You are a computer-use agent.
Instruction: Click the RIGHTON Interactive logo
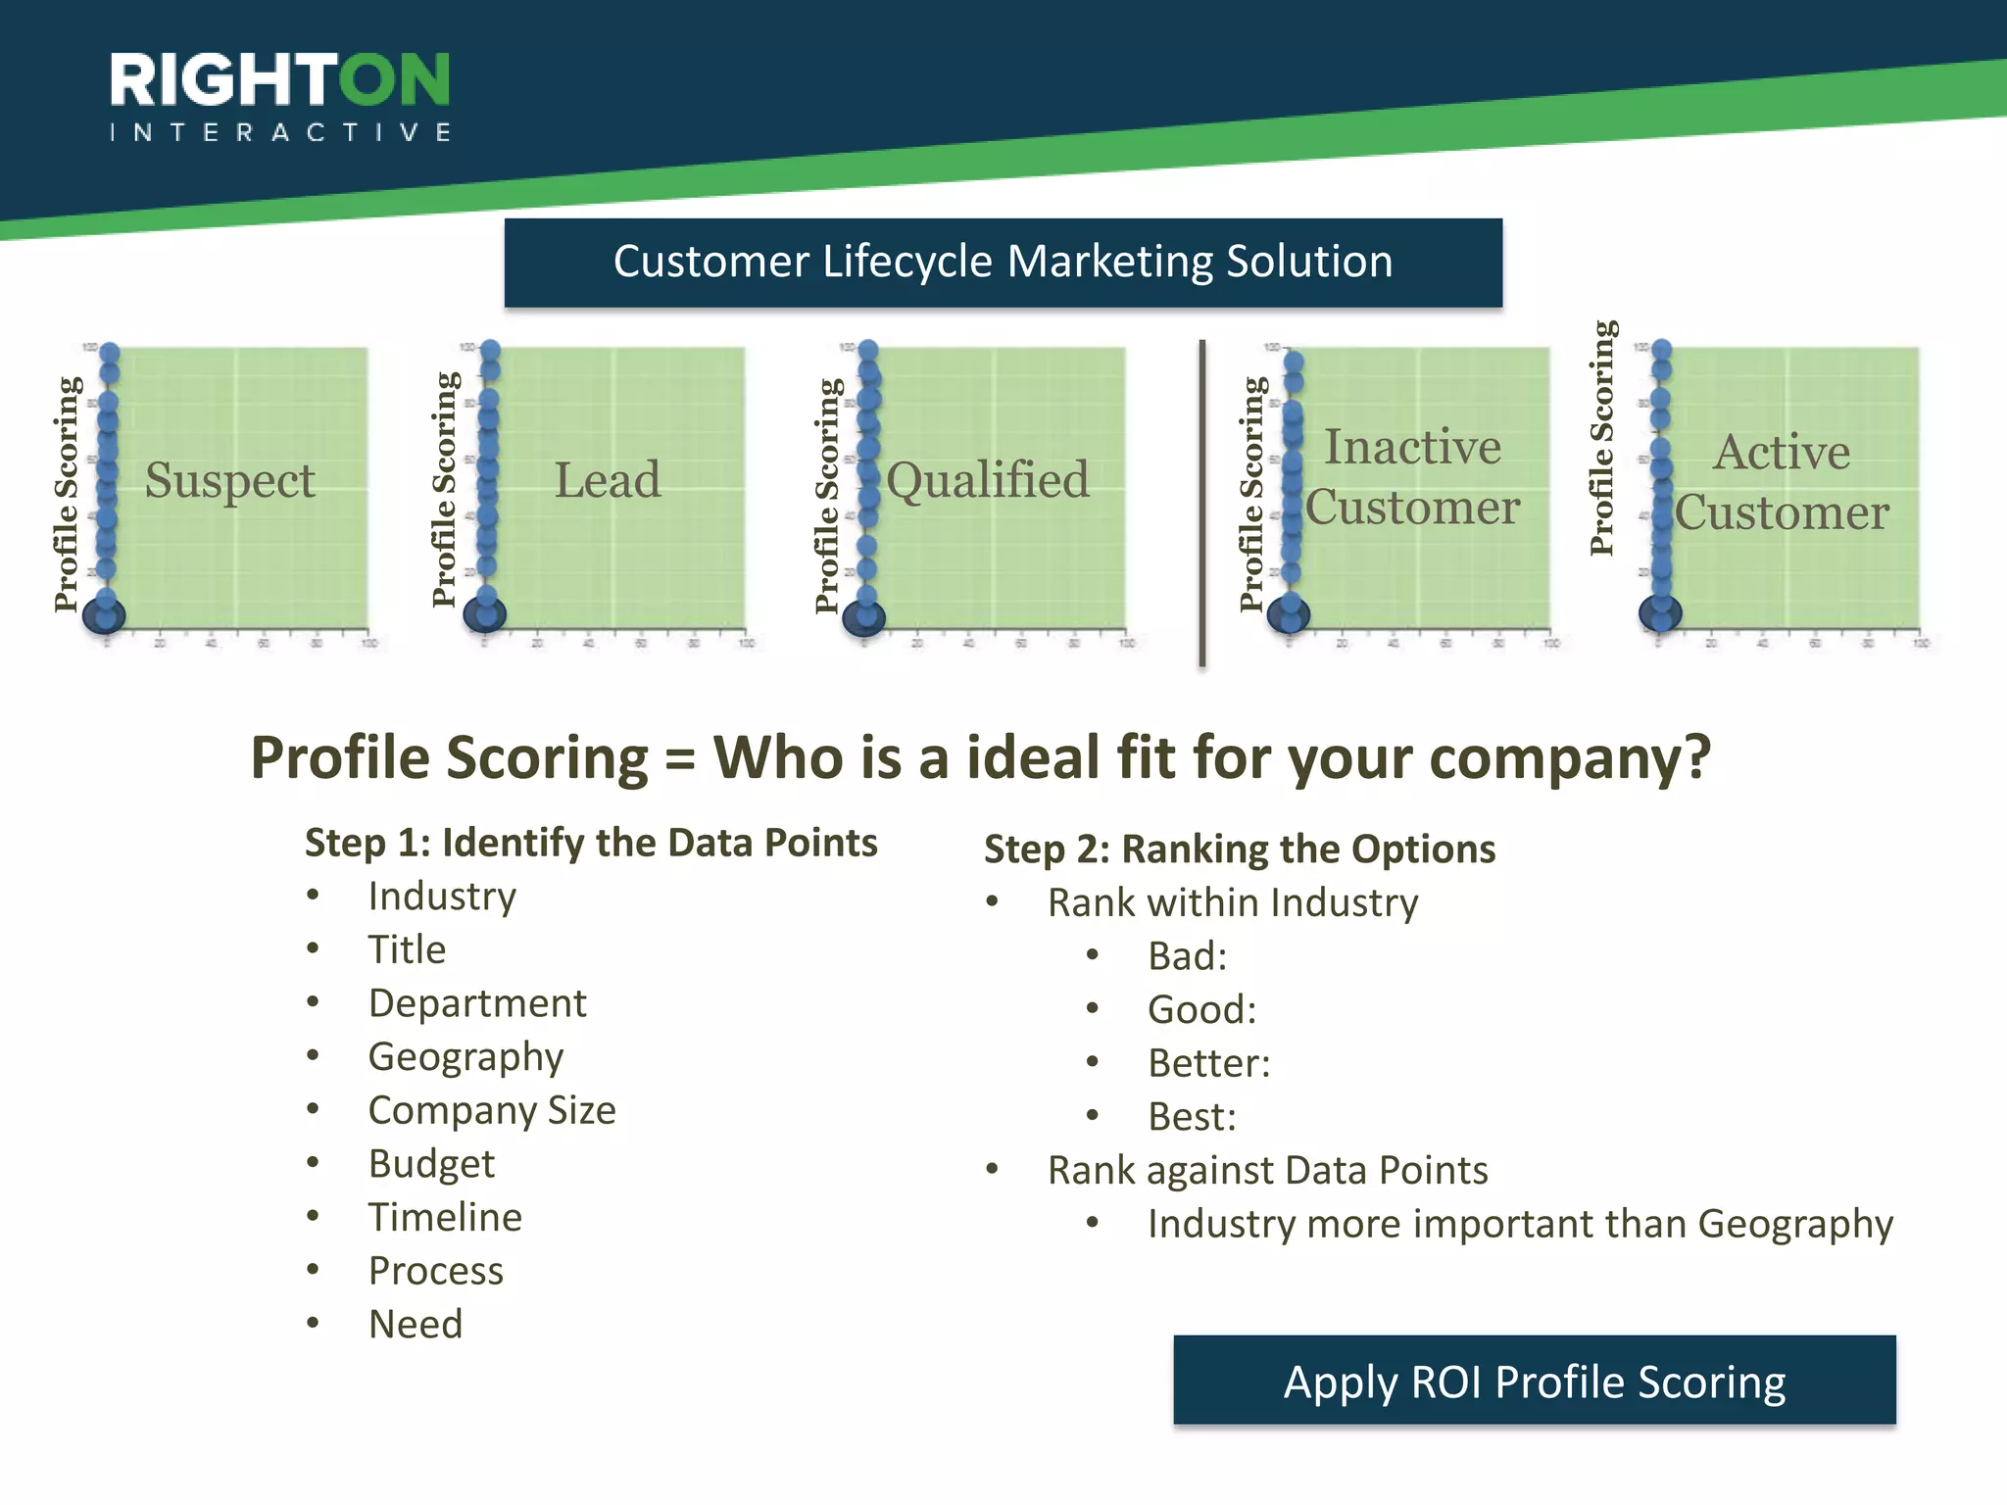coord(280,96)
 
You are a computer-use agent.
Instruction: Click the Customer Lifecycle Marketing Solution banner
coord(1003,263)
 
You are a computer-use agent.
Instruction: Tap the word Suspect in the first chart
coord(230,480)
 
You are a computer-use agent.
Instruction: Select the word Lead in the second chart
coord(608,480)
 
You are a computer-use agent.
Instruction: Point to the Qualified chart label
coord(988,480)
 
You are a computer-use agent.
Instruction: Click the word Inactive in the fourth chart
coord(1412,447)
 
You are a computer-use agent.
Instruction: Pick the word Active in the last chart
coord(1782,452)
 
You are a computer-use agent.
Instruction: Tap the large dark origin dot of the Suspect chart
coord(104,616)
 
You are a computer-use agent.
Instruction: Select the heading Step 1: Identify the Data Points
coord(591,843)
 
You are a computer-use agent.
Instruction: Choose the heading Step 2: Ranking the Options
coord(1240,849)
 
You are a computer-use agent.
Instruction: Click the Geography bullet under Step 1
coord(465,1056)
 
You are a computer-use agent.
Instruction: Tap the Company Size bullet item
coord(492,1110)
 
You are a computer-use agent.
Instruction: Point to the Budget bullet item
coord(431,1164)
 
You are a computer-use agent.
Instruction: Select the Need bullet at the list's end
coord(416,1325)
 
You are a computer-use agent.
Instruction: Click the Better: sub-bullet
coord(1208,1063)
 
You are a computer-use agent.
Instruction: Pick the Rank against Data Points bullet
coord(1267,1170)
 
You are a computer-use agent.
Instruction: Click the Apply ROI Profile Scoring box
coord(1534,1381)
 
